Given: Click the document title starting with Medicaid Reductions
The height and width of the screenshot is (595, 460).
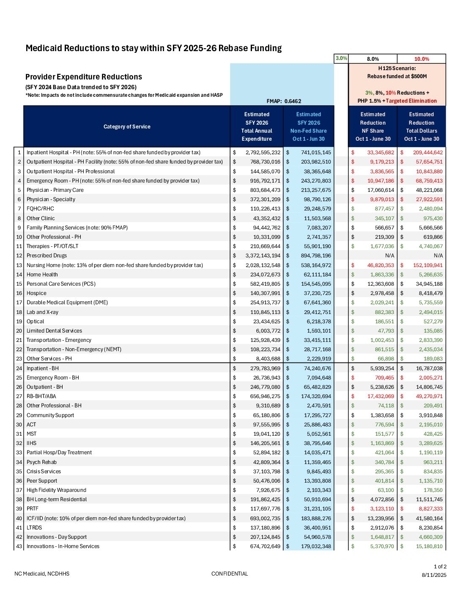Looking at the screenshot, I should point(153,48).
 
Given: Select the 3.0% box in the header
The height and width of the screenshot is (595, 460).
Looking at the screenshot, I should point(341,58).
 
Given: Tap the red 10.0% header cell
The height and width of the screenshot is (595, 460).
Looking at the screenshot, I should point(421,59).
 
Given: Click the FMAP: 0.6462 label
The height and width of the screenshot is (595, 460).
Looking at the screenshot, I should point(284,101).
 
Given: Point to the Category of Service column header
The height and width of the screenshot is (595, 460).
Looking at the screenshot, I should point(127,127).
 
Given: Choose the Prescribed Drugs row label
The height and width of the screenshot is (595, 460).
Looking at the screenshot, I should point(47,256).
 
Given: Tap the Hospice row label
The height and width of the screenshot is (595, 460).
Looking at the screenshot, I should point(36,293).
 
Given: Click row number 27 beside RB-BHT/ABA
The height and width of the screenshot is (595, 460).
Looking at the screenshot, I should point(19,396).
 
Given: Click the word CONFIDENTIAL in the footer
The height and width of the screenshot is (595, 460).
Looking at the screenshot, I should point(230,574).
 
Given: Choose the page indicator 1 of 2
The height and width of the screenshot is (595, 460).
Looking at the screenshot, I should point(440,567).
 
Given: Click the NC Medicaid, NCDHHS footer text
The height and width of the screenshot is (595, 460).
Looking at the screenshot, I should point(42,574).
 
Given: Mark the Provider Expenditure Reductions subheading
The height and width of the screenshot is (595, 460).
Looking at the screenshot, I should point(84,77).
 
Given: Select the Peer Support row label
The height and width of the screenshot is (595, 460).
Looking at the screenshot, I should point(42,481).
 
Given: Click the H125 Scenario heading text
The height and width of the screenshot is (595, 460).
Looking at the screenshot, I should point(397,68).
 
